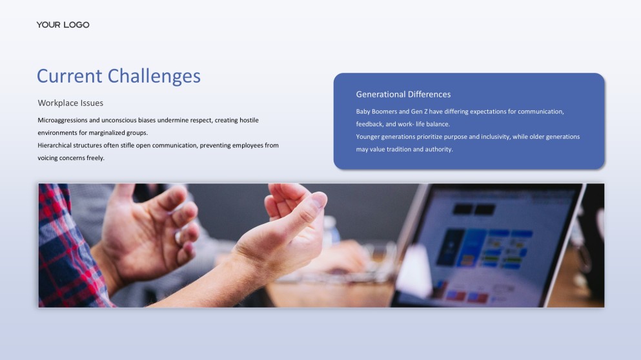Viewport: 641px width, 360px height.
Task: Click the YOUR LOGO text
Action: (63, 25)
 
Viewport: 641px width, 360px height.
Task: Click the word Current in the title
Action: (70, 76)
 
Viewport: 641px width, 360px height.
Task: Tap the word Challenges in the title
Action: (154, 76)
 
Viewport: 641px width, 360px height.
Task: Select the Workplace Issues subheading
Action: (70, 103)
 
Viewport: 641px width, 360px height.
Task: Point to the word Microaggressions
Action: (63, 121)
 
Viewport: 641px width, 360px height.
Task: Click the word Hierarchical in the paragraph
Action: (54, 145)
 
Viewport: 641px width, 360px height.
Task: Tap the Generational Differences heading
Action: (403, 94)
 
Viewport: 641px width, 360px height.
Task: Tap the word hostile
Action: (249, 120)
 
